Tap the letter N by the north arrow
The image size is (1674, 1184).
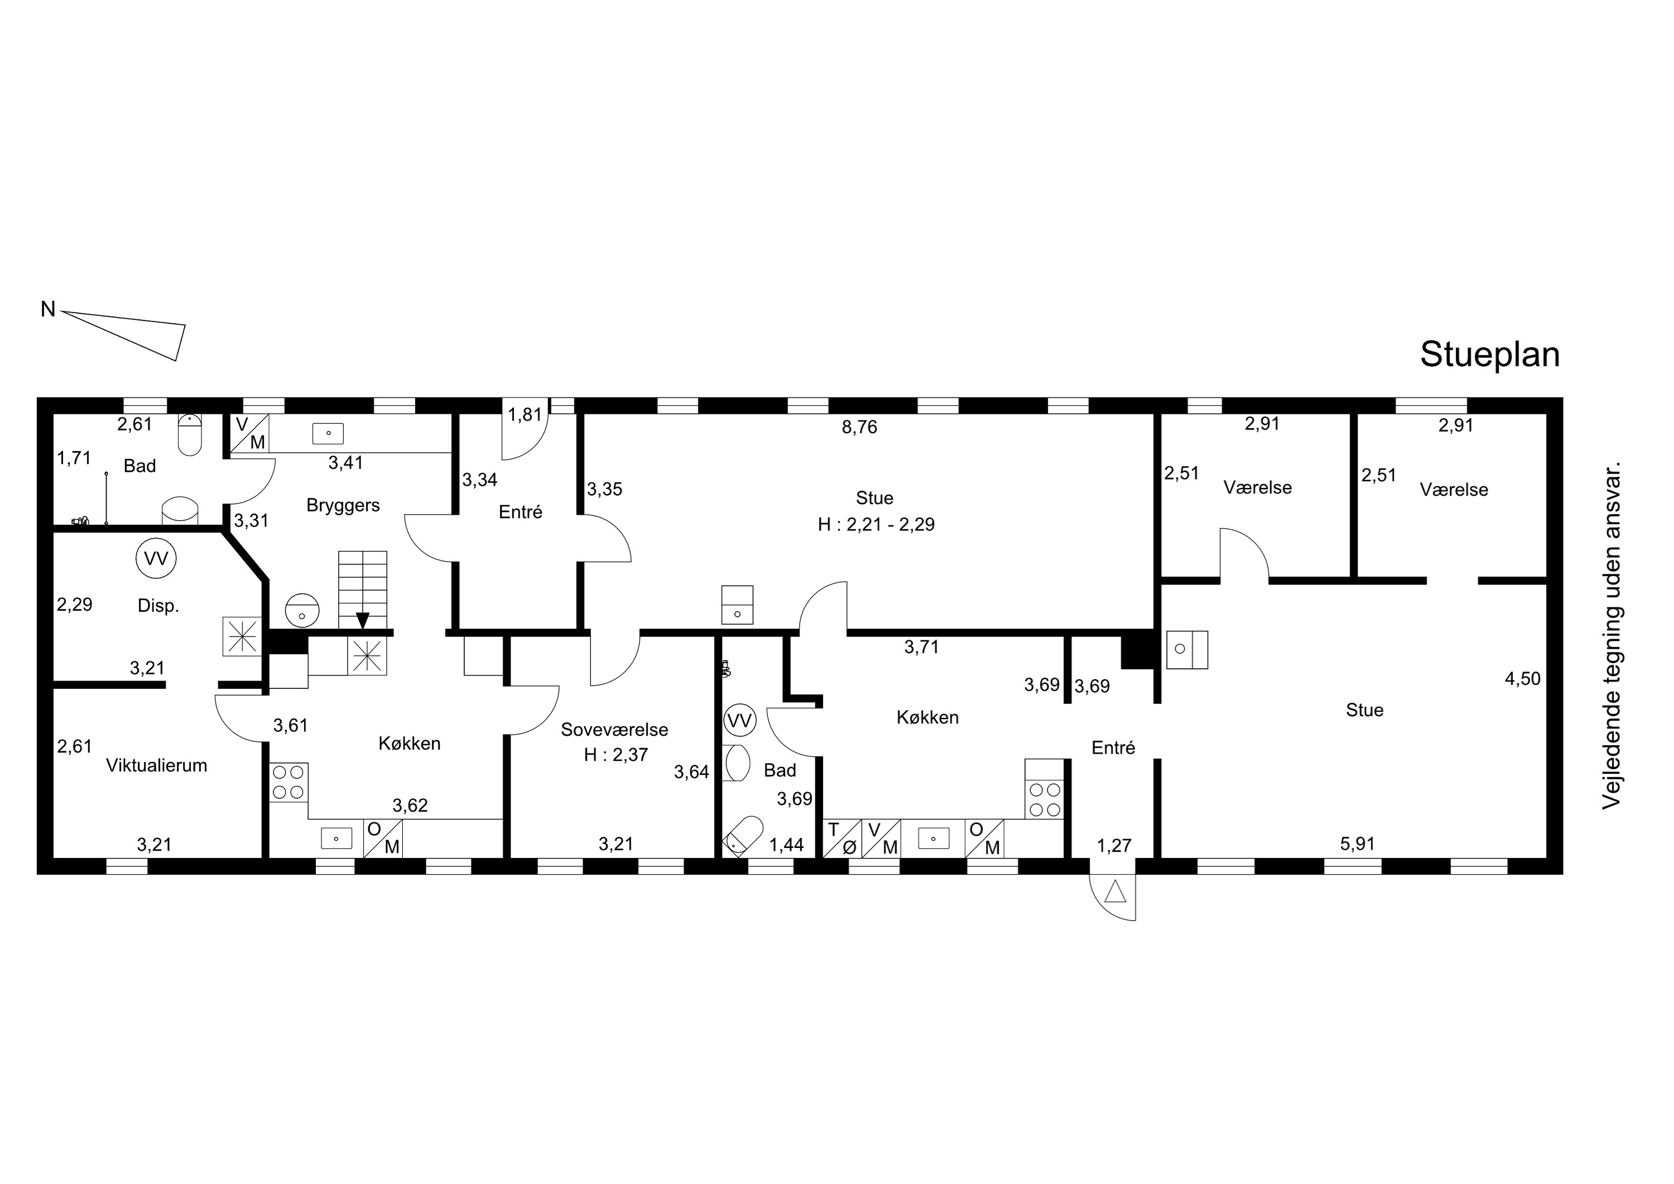[48, 309]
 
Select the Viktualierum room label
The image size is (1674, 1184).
[157, 765]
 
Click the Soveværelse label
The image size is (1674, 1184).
[614, 730]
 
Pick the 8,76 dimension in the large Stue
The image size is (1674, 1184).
[860, 428]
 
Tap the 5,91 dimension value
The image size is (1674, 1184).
[1358, 844]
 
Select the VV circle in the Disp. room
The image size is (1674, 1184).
[156, 559]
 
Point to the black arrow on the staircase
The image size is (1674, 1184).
[362, 620]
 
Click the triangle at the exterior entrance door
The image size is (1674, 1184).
[1115, 891]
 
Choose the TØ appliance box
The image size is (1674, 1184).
[842, 838]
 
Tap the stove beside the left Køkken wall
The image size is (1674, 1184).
[288, 782]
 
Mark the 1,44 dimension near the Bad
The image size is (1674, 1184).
[787, 845]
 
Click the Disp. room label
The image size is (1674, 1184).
[158, 606]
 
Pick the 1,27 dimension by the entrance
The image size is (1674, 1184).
[1115, 846]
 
